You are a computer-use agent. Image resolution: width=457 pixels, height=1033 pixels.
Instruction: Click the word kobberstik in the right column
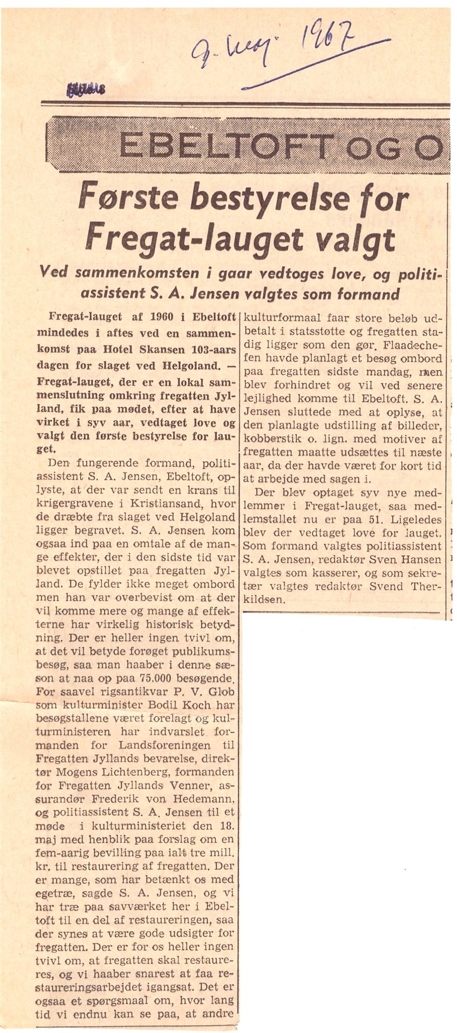pyautogui.click(x=268, y=440)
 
